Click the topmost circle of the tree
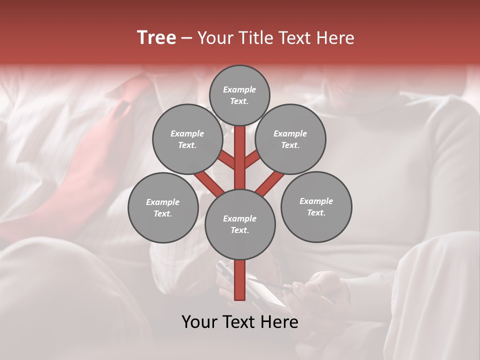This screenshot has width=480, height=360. (x=239, y=95)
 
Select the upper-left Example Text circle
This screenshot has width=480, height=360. (x=187, y=139)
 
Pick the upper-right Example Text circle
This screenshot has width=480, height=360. (x=290, y=139)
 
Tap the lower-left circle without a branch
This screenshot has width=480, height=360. (x=163, y=207)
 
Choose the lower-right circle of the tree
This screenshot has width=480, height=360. (x=316, y=206)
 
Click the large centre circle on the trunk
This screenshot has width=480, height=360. (x=240, y=224)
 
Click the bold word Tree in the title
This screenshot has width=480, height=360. (x=156, y=38)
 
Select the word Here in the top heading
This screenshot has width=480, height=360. (x=336, y=38)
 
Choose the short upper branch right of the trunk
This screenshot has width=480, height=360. (x=252, y=160)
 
